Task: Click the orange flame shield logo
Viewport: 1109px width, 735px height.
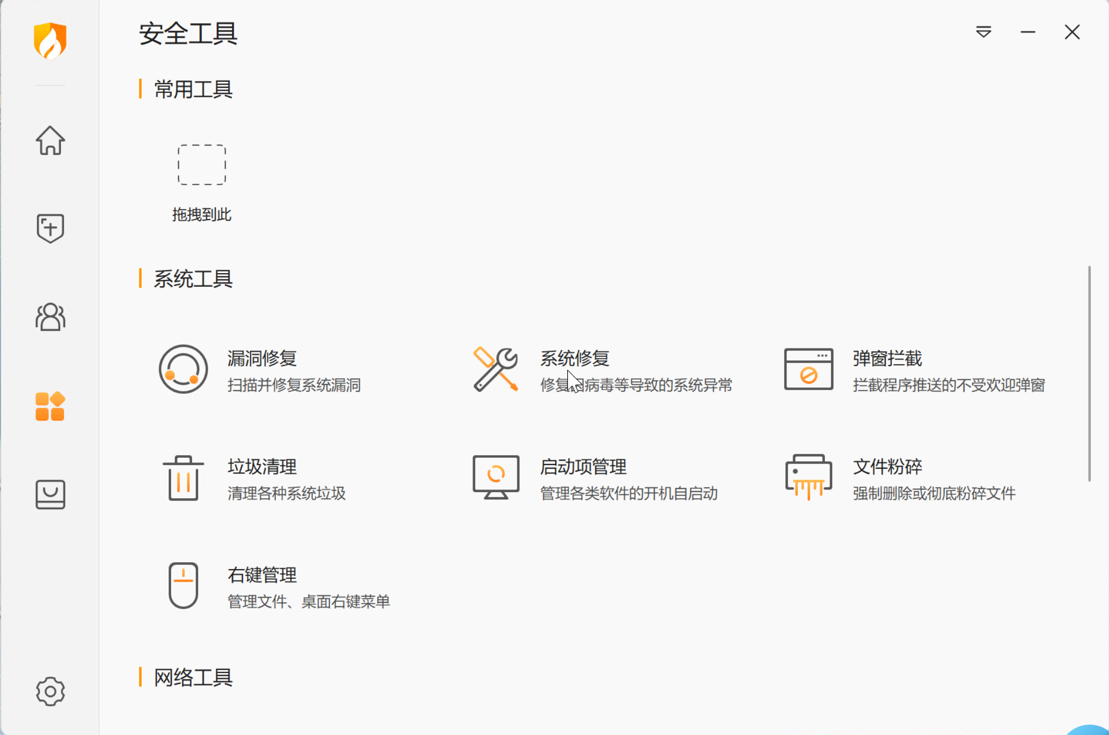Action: (50, 41)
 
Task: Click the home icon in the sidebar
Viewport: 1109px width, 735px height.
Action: (50, 140)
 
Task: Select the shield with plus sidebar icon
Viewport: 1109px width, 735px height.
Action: (50, 228)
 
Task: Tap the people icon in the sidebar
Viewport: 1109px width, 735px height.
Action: (50, 317)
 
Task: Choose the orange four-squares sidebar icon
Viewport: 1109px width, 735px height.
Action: (50, 406)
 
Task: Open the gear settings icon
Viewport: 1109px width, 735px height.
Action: (50, 691)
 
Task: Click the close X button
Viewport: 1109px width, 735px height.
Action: (1072, 32)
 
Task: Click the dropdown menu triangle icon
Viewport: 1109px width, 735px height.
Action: (984, 32)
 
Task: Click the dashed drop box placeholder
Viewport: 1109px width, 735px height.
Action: (202, 165)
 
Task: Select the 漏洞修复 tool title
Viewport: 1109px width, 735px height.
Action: (262, 358)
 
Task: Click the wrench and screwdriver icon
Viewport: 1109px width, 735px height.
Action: (495, 369)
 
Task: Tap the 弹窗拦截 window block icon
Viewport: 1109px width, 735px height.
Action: (809, 369)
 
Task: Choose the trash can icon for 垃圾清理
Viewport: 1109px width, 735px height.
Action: (183, 478)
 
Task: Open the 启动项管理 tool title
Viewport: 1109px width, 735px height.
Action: (583, 467)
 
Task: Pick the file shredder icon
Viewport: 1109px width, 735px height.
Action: (809, 477)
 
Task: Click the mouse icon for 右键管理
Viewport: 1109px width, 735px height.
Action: (183, 585)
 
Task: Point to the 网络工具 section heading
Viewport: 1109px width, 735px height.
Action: (193, 677)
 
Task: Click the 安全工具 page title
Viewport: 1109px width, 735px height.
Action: (188, 34)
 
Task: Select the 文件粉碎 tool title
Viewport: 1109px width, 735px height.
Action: (888, 467)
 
